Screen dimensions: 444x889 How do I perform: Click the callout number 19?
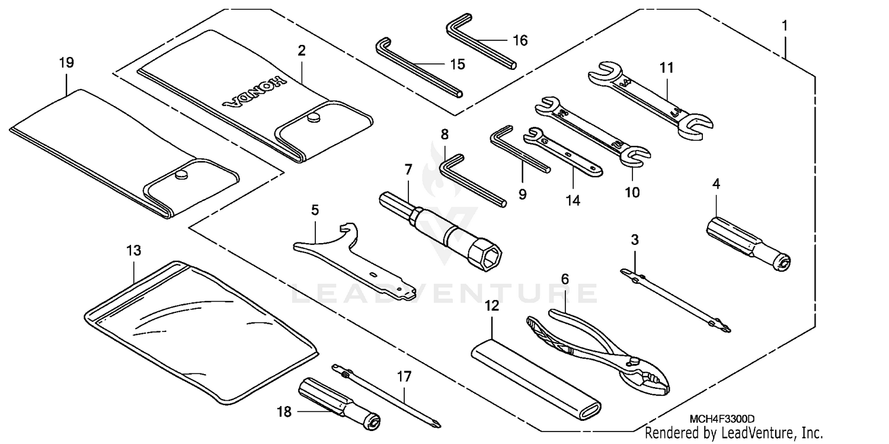(66, 63)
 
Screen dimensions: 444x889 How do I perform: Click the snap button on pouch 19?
(182, 174)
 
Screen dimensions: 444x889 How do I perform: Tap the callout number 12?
(492, 306)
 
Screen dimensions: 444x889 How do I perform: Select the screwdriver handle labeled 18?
(332, 400)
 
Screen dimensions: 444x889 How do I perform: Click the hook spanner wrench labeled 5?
(344, 255)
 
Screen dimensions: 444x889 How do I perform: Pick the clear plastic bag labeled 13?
(202, 332)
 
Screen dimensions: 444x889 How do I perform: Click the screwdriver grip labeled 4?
(750, 242)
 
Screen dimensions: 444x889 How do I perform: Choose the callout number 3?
(635, 241)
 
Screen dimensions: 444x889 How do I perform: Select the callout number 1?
(785, 26)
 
